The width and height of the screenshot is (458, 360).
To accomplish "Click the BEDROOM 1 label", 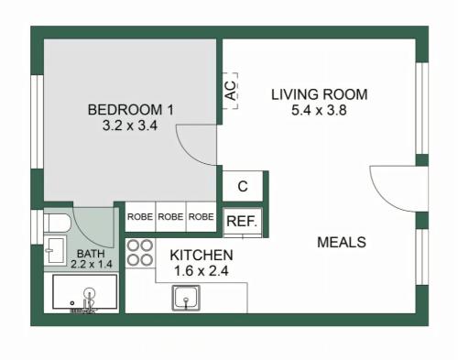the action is click(131, 110).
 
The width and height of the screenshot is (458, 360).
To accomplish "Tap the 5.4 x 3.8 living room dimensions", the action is click(319, 110).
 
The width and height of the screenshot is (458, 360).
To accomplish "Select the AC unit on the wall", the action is click(230, 91).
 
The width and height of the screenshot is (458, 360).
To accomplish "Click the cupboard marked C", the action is click(243, 186).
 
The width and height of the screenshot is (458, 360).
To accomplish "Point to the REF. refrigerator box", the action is click(243, 222).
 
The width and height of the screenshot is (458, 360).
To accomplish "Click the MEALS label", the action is click(342, 243).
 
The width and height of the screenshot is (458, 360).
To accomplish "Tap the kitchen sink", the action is click(186, 298).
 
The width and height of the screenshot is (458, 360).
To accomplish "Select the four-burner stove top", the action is click(140, 253).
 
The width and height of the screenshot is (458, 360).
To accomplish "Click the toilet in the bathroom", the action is click(57, 223).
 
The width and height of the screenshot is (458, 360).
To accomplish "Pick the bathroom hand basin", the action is click(55, 250).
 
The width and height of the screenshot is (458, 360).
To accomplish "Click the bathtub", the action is click(85, 292).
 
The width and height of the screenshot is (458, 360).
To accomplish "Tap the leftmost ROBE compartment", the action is click(140, 216).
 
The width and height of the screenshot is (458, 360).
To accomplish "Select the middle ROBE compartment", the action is click(170, 216).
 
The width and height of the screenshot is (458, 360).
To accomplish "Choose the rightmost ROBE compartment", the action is click(202, 216).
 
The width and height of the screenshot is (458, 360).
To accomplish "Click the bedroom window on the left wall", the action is click(38, 122).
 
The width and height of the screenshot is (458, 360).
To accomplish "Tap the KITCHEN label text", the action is click(202, 256).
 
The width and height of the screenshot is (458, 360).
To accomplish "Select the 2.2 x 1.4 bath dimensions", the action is click(92, 264).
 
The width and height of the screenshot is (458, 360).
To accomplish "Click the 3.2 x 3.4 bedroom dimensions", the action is click(130, 125).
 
